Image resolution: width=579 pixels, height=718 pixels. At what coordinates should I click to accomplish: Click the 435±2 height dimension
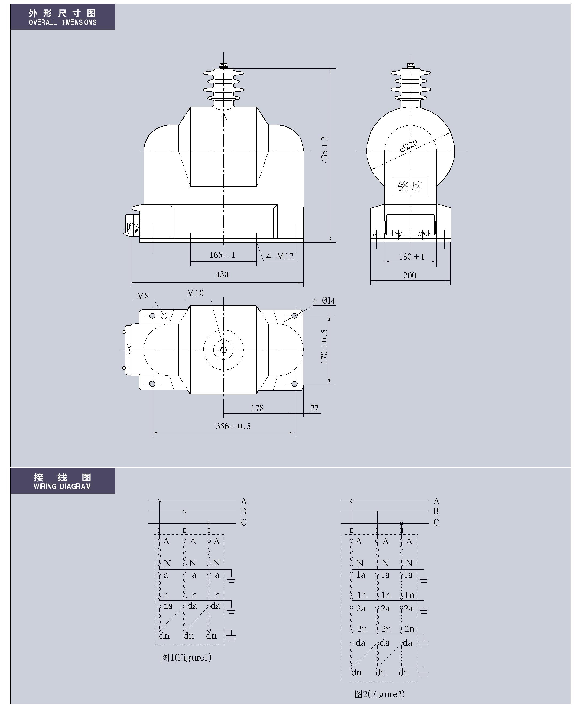[x=324, y=150]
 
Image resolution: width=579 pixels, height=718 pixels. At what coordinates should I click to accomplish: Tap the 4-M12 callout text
[x=280, y=256]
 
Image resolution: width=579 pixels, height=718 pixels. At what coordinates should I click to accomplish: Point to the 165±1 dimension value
[x=222, y=255]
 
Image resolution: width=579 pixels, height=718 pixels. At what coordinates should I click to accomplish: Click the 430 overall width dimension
[x=222, y=274]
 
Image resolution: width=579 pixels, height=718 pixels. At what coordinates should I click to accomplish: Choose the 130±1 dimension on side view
[x=412, y=257]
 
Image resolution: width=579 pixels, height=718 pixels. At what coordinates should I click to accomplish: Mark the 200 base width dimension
[x=409, y=275]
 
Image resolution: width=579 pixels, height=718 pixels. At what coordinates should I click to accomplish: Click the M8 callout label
[x=143, y=296]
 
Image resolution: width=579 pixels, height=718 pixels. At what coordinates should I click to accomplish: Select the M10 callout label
[x=195, y=293]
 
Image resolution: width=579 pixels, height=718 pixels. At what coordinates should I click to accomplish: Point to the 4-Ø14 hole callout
[x=324, y=301]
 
